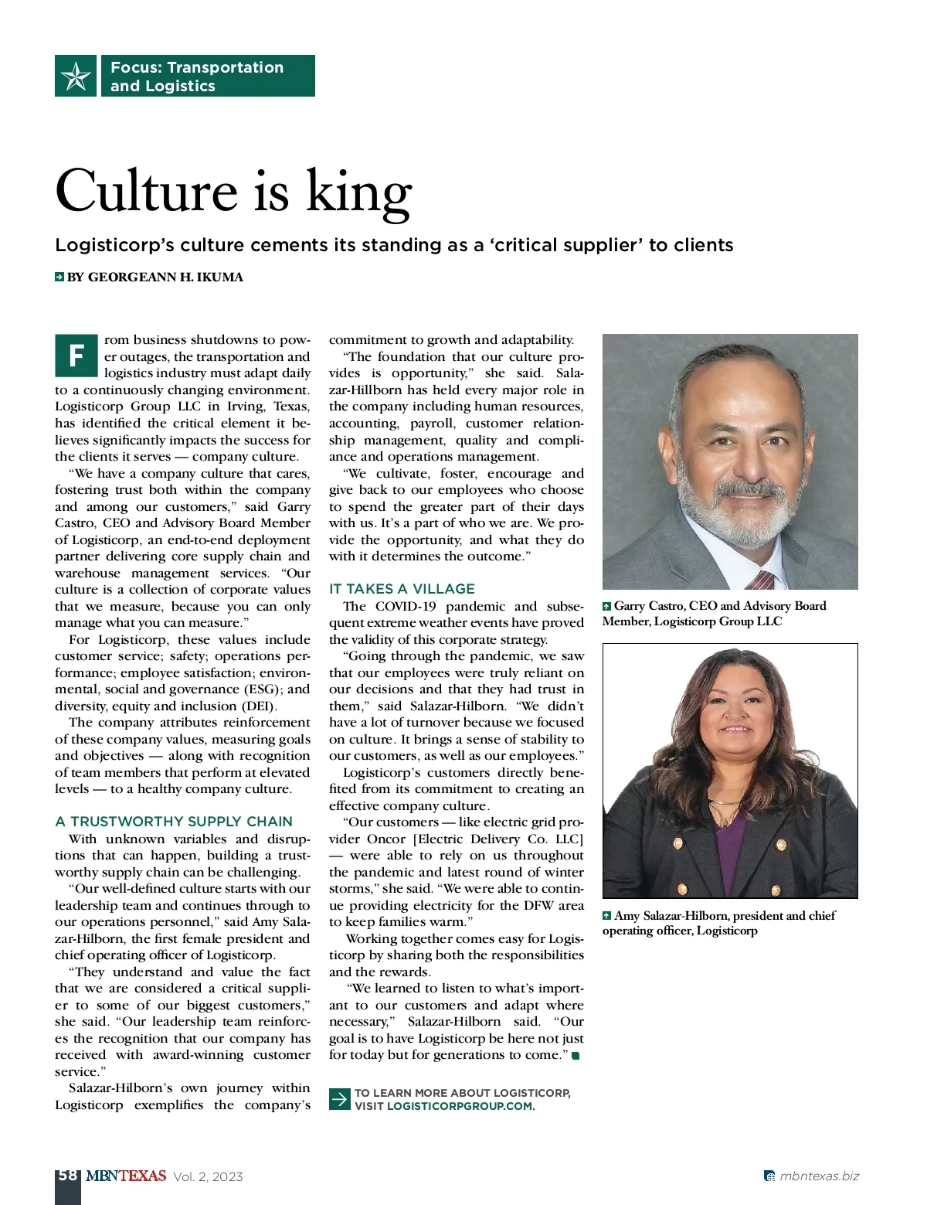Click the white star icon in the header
pyautogui.click(x=76, y=76)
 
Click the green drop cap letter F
pyautogui.click(x=76, y=356)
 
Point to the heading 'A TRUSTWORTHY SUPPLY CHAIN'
pyautogui.click(x=174, y=822)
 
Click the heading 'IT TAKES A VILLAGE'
pyautogui.click(x=402, y=589)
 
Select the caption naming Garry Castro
pyautogui.click(x=714, y=614)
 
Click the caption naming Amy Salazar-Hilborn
pyautogui.click(x=718, y=923)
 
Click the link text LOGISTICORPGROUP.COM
pyautogui.click(x=460, y=1106)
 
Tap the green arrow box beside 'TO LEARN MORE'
pyautogui.click(x=340, y=1099)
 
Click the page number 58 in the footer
pyautogui.click(x=68, y=1176)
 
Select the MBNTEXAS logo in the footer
pyautogui.click(x=126, y=1176)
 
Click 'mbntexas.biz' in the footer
pyautogui.click(x=819, y=1176)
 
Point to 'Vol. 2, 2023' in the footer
pyautogui.click(x=208, y=1177)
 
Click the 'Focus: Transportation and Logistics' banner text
pyautogui.click(x=197, y=77)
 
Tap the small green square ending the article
pyautogui.click(x=576, y=1056)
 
